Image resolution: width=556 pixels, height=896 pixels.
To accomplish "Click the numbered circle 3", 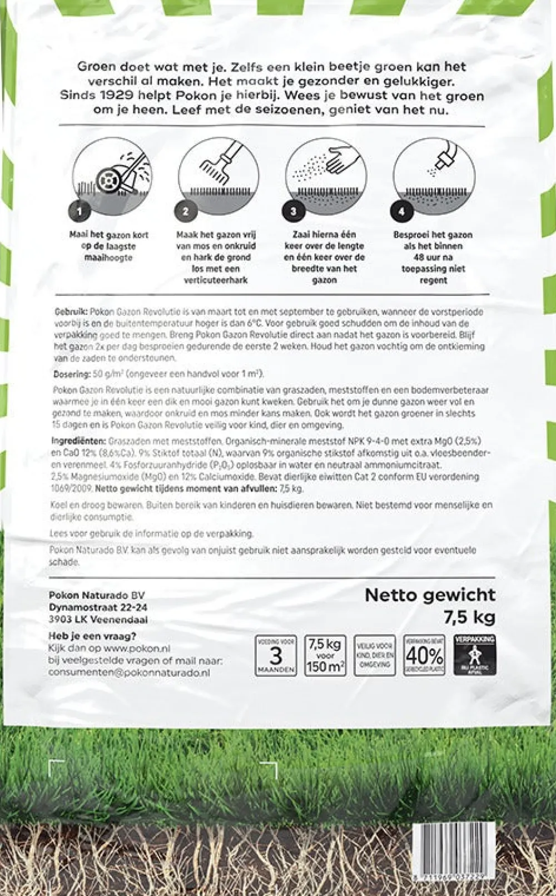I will pyautogui.click(x=294, y=211).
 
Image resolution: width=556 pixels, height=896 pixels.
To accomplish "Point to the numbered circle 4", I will pyautogui.click(x=401, y=211).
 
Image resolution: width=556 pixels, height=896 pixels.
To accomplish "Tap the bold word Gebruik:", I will pyautogui.click(x=71, y=312).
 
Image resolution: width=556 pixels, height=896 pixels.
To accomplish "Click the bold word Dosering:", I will pyautogui.click(x=72, y=374).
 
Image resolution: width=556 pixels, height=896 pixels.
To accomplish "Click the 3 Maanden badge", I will pyautogui.click(x=276, y=656).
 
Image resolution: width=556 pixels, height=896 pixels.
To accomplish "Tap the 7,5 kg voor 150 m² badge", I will pyautogui.click(x=325, y=656).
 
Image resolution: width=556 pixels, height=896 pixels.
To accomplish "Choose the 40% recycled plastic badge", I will pyautogui.click(x=424, y=656).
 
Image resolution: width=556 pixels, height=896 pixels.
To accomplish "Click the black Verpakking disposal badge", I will pyautogui.click(x=475, y=656).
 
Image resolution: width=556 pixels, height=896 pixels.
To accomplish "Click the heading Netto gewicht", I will pyautogui.click(x=430, y=595).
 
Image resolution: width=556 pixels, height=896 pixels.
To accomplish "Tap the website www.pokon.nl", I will pyautogui.click(x=137, y=649).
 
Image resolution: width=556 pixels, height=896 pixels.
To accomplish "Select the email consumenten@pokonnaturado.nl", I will pyautogui.click(x=129, y=672).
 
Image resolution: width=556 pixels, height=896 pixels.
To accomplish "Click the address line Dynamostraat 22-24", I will pyautogui.click(x=98, y=607).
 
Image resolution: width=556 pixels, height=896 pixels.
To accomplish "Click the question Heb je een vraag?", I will pyautogui.click(x=92, y=636).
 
